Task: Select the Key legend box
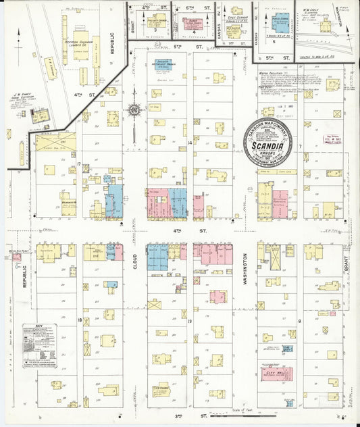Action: [x=40, y=346]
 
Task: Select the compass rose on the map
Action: [x=134, y=110]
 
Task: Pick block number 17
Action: [x=79, y=164]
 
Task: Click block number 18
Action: [x=79, y=320]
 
